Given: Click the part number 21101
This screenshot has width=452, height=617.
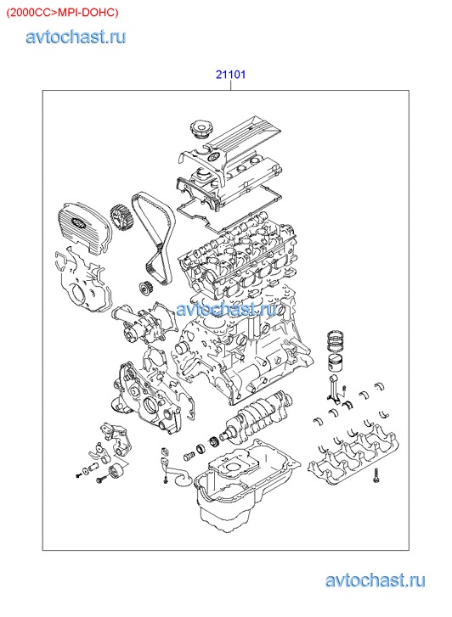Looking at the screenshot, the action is [x=230, y=74].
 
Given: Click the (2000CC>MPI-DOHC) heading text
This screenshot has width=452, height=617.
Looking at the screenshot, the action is [x=62, y=13].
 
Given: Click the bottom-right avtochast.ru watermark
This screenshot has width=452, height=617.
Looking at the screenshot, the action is [x=375, y=581].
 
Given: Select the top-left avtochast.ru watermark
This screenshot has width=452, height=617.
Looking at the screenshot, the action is [x=76, y=36].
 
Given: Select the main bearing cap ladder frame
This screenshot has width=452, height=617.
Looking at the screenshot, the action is [x=353, y=456].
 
